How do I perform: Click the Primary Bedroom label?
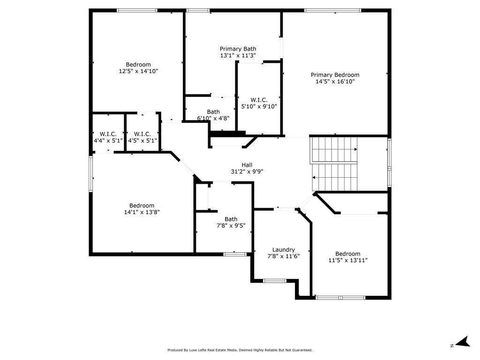335,75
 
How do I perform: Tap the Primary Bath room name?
238,49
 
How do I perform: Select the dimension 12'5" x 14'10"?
138,71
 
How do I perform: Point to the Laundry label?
284,250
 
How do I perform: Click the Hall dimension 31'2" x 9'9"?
247,172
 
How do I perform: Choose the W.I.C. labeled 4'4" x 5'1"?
108,140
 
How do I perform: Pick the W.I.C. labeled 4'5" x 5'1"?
142,140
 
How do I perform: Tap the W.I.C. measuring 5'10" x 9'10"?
259,106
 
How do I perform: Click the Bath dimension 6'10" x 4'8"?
213,118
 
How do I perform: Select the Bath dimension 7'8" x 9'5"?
231,225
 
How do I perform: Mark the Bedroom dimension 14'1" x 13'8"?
142,212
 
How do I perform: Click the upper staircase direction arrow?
355,150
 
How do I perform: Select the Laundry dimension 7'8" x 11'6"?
284,256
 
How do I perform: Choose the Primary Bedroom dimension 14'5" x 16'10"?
335,82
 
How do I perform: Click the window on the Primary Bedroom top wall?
333,10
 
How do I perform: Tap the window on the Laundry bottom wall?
274,281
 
